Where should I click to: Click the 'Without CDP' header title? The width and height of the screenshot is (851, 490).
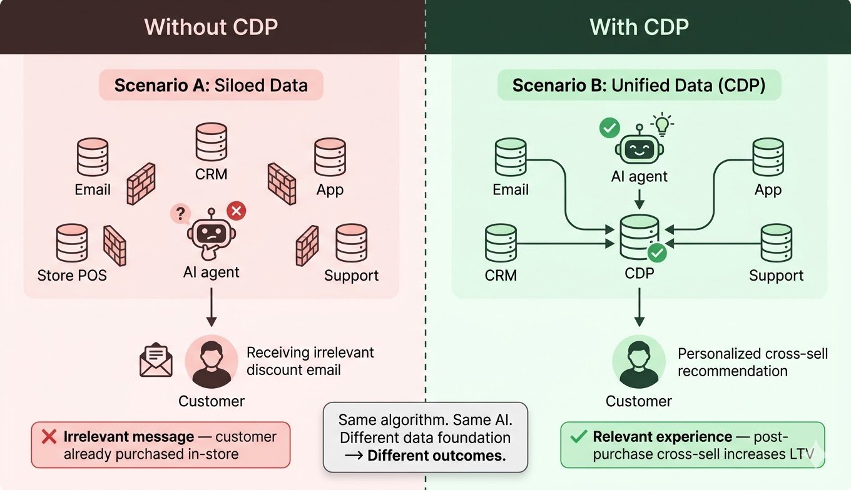click(x=211, y=27)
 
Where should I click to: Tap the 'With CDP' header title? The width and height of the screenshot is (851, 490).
click(x=639, y=27)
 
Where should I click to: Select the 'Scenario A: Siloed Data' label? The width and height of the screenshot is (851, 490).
click(x=211, y=85)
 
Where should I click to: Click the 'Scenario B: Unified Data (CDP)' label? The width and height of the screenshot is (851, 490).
click(x=639, y=85)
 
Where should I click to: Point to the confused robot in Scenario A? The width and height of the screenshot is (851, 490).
click(x=211, y=234)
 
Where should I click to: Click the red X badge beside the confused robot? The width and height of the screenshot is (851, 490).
click(x=236, y=211)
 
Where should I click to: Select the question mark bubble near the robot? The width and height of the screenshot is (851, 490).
click(x=180, y=214)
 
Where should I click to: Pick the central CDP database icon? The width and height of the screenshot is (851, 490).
click(x=639, y=238)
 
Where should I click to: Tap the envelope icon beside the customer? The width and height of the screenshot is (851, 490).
click(x=156, y=361)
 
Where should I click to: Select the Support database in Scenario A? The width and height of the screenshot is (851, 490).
click(x=351, y=243)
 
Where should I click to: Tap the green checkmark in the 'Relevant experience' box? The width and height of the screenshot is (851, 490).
click(x=579, y=436)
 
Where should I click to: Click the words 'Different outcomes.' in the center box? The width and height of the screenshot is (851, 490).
click(x=436, y=456)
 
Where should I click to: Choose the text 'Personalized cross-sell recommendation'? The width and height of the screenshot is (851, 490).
click(x=752, y=362)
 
